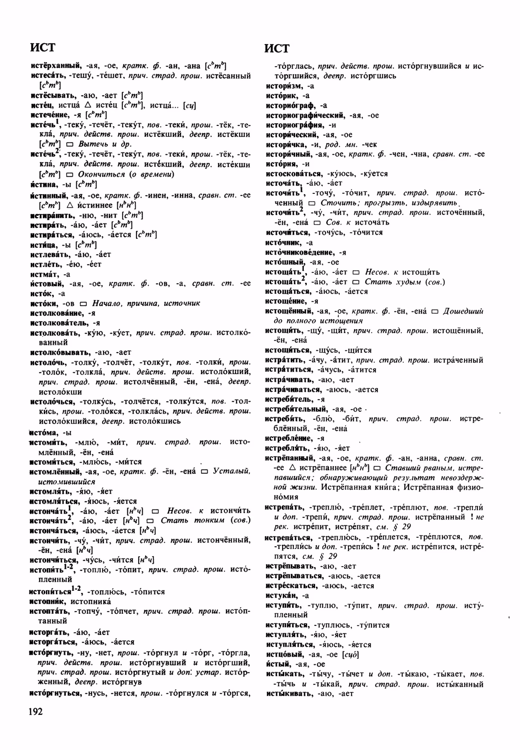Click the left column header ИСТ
click(43, 47)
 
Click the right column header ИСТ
click(277, 48)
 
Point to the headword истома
click(43, 432)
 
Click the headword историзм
click(283, 86)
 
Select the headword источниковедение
click(300, 252)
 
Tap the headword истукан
click(282, 595)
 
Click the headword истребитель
click(289, 399)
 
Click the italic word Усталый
click(232, 471)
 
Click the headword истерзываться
click(296, 576)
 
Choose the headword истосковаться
click(293, 173)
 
